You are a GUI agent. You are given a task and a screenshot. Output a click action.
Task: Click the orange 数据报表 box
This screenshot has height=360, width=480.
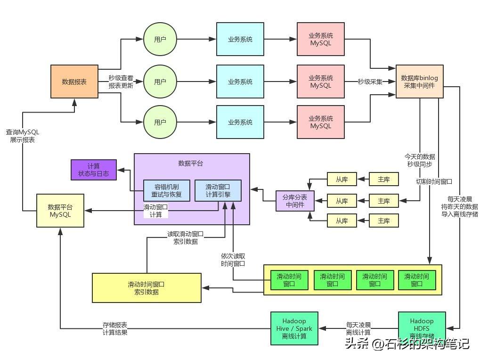pos(74,82)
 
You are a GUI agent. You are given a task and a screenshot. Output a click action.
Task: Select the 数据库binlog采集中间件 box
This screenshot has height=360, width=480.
pos(419,82)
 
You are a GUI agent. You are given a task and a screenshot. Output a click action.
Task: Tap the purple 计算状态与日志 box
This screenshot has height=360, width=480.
pos(93,170)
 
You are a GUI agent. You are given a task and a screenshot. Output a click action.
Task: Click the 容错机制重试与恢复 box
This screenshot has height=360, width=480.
pos(166,191)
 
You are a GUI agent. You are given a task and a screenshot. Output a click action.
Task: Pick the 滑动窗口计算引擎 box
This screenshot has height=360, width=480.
pos(218,191)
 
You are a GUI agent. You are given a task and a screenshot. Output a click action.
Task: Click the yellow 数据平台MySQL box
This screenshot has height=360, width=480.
pos(60,211)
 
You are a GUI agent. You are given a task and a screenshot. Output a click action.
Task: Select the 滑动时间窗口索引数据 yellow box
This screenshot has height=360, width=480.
pos(146,288)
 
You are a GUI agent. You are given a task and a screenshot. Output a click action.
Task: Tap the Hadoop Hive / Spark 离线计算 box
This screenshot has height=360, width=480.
pos(294,328)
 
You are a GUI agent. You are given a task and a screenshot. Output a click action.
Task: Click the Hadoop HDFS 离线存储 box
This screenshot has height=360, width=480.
pos(422,328)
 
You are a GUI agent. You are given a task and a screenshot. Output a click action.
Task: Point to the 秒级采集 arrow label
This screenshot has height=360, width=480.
pos(370,82)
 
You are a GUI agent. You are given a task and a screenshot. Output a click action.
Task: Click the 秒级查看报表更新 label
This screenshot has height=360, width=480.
pos(121,82)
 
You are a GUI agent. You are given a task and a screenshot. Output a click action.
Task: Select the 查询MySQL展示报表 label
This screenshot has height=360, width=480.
pos(22,136)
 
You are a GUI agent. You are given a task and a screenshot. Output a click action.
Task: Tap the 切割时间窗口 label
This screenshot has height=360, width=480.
pos(434,181)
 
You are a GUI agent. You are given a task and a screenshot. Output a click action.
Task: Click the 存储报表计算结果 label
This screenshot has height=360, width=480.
pos(115,328)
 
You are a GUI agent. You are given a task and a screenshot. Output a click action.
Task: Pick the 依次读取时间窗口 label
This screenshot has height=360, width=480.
pos(233,260)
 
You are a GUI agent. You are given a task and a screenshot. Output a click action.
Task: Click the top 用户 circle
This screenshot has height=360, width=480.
pos(160,40)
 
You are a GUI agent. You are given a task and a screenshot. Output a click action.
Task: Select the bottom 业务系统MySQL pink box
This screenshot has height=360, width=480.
pos(321,122)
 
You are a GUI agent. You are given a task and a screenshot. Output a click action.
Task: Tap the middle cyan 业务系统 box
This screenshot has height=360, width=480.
pos(240,82)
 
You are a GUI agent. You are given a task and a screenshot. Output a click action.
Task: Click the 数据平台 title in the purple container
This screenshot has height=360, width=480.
pos(191,164)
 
